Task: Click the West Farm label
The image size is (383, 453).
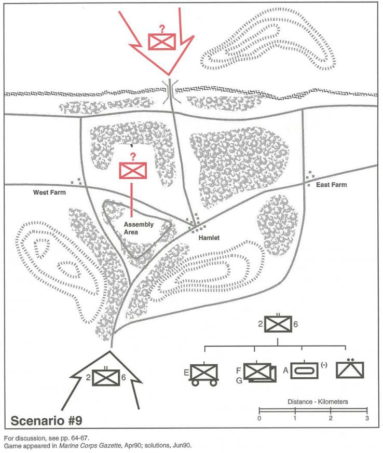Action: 49,193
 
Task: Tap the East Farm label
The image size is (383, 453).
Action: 331,185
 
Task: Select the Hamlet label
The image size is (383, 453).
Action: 209,238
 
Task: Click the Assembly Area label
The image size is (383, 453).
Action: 139,228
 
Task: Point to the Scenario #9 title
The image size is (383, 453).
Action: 46,420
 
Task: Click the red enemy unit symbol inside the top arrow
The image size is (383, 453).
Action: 162,42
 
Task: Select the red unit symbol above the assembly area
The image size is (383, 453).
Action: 133,170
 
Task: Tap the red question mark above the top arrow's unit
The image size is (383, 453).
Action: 162,29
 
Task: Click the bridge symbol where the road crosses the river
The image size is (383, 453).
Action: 170,91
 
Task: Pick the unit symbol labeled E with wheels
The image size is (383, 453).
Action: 204,374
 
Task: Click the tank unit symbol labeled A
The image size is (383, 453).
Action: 304,370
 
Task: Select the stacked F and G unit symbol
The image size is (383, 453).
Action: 259,372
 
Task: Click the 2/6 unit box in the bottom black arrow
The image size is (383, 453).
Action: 106,378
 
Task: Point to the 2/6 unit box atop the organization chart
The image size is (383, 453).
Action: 278,324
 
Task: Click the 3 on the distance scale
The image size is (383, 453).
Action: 367,418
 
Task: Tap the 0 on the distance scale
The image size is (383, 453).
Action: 259,418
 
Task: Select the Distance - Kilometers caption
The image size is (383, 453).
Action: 318,402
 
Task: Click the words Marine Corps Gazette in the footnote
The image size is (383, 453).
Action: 90,445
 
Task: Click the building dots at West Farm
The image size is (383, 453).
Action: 76,182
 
